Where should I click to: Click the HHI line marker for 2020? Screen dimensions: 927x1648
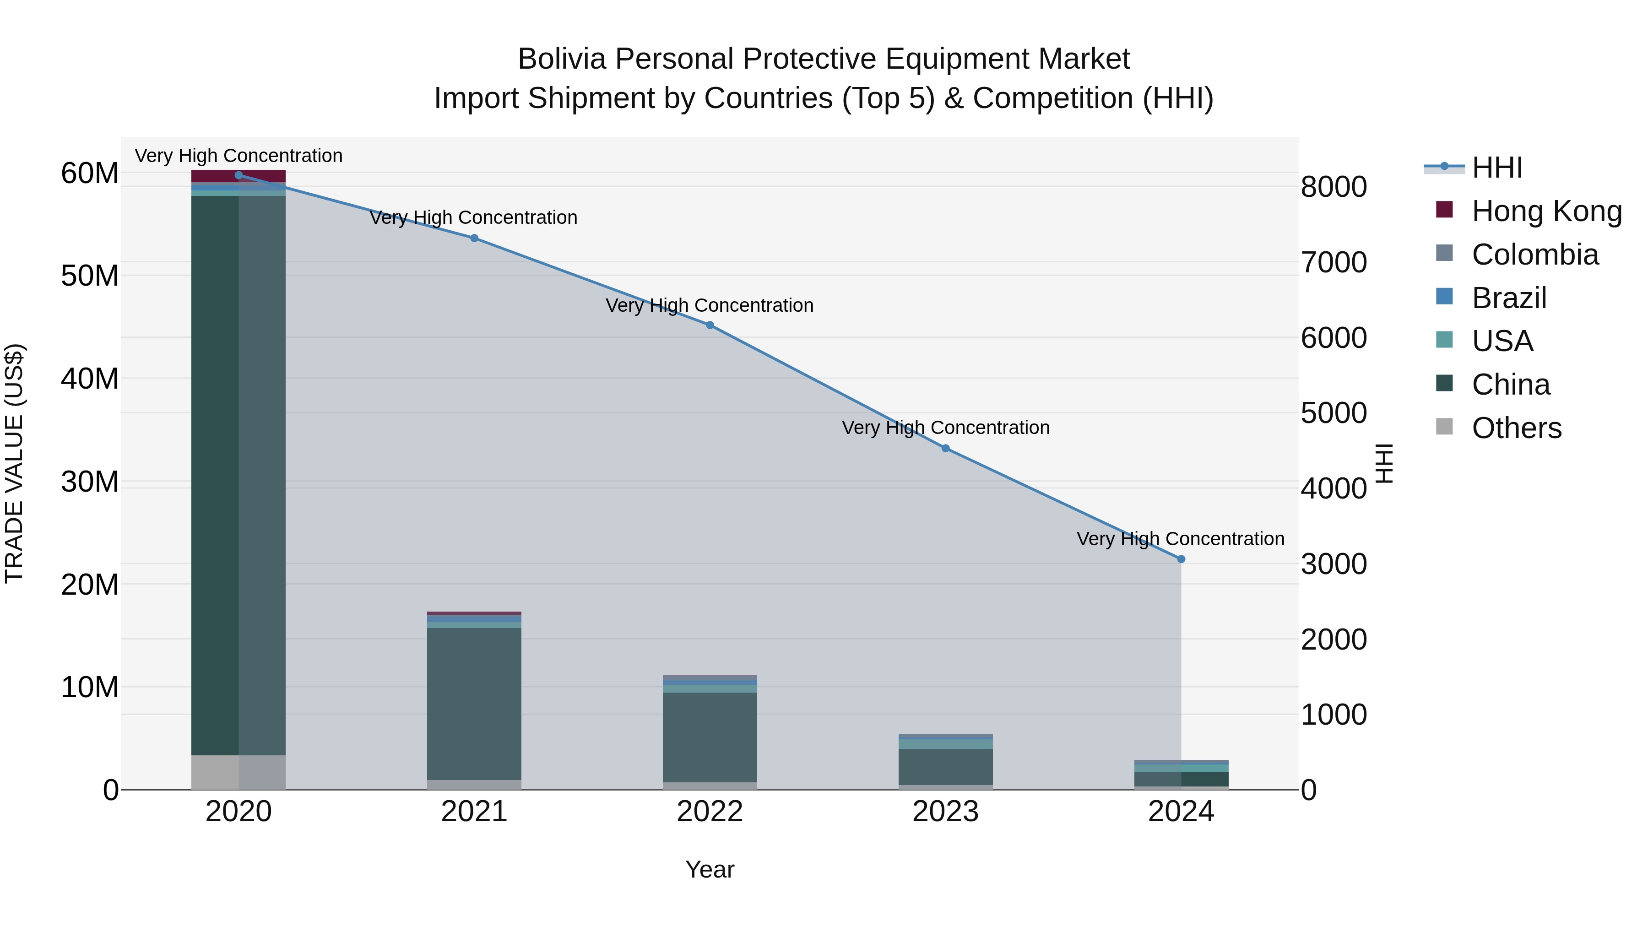point(239,175)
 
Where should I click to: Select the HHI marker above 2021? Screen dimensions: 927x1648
point(474,238)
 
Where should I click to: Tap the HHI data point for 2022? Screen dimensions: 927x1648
point(710,325)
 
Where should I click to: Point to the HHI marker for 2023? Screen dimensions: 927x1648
point(946,449)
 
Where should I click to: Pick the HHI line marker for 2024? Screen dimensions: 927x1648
point(1181,559)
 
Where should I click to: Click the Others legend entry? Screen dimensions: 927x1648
point(1516,428)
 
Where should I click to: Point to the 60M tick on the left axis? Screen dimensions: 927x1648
point(90,173)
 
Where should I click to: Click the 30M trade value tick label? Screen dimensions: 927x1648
point(90,482)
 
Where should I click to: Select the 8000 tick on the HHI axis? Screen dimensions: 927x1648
point(1334,187)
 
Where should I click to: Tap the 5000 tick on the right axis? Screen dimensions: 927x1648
point(1334,413)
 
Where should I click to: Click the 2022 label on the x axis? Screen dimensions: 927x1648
point(710,812)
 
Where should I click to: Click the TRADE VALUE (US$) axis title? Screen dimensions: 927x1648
point(14,463)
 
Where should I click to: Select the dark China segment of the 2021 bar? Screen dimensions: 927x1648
point(474,704)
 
